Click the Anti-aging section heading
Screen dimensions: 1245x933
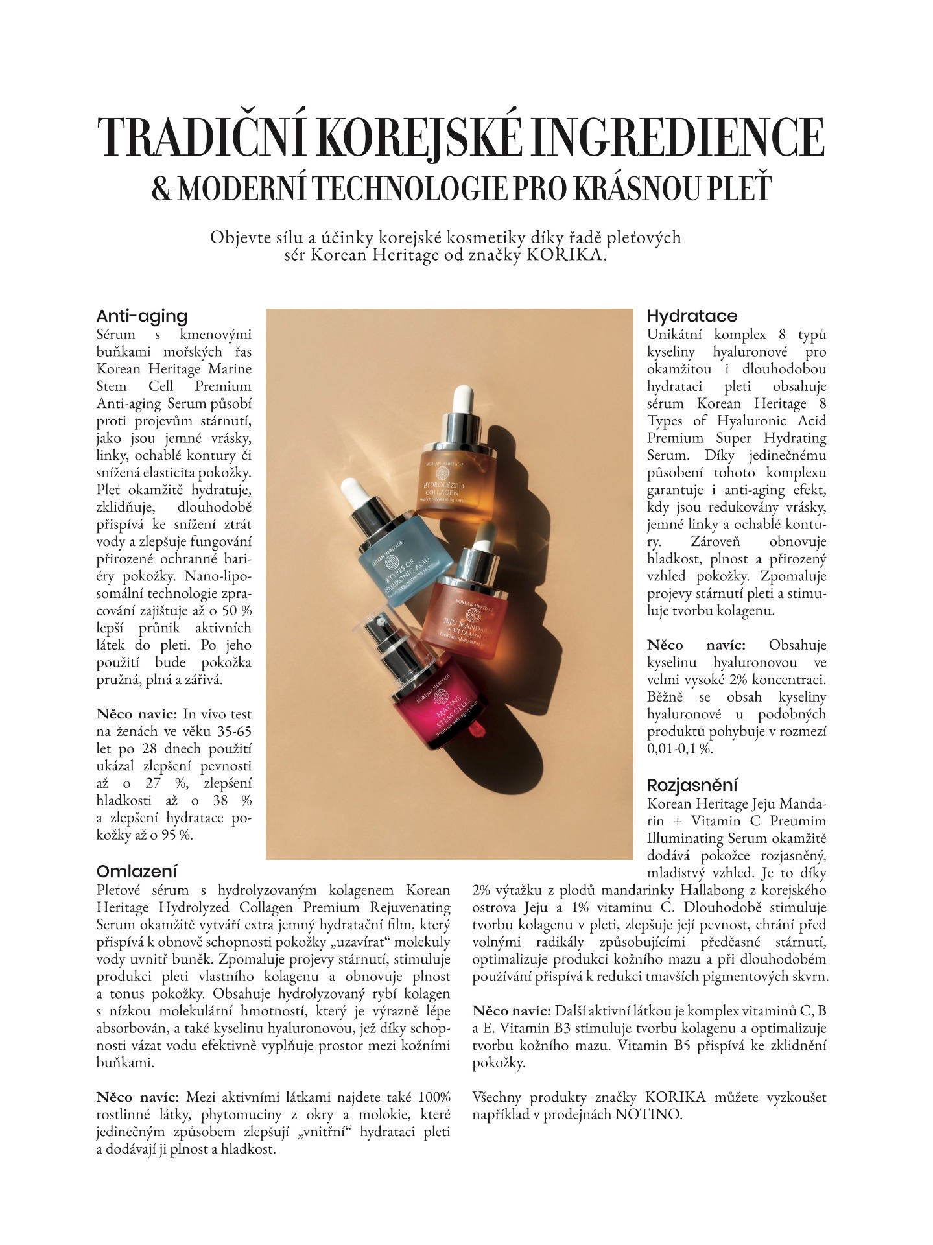pos(141,316)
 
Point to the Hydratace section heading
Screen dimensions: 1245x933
pos(692,316)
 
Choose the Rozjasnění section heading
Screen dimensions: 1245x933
pos(692,785)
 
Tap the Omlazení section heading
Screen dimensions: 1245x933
pos(136,871)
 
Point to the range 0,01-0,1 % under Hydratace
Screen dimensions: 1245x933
pos(680,748)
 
